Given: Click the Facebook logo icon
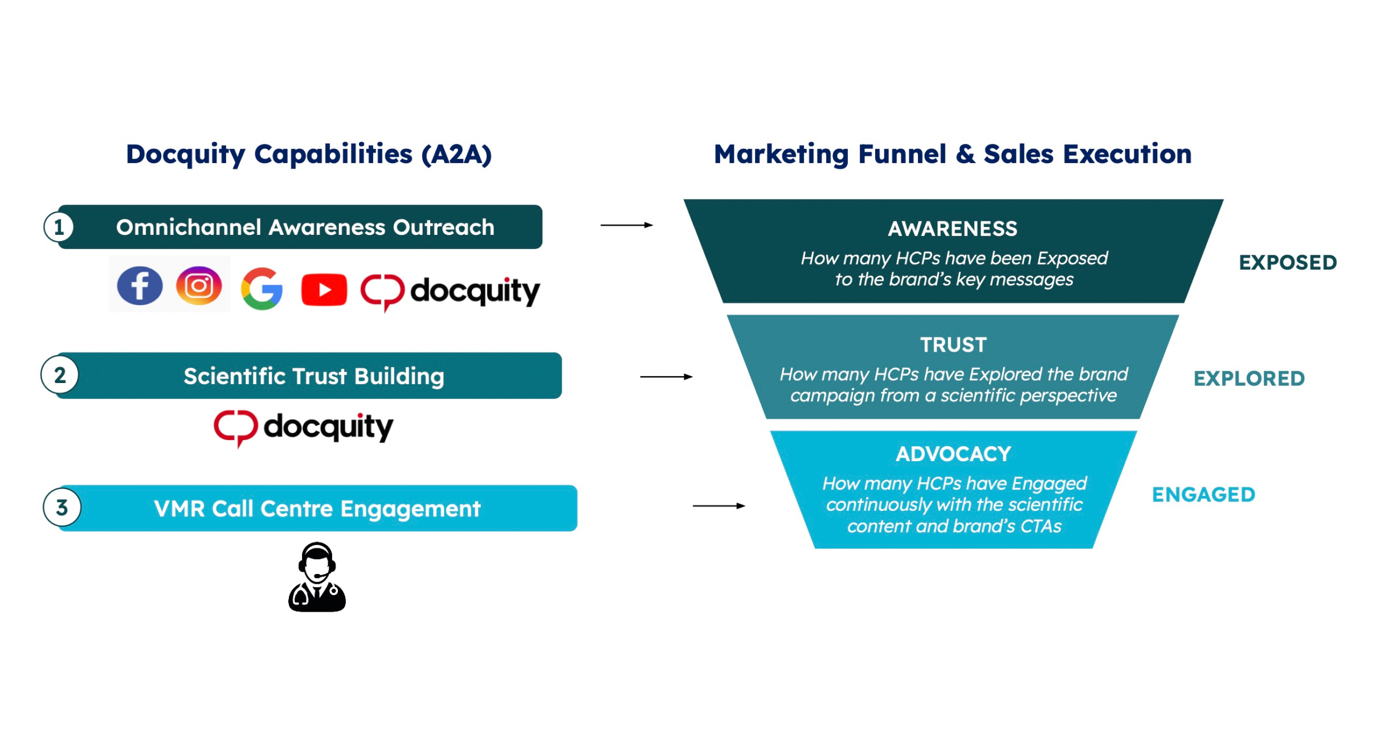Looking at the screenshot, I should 140,286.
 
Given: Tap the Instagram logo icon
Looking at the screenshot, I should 199,286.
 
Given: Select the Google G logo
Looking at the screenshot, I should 262,288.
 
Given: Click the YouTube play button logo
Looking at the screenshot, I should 324,290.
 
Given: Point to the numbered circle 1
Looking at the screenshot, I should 59,227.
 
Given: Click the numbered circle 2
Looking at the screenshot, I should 60,375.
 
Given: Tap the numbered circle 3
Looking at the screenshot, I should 62,507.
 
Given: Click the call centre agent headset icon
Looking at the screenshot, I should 317,577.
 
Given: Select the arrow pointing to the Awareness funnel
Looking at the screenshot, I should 626,225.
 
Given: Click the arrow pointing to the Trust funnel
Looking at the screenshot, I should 666,377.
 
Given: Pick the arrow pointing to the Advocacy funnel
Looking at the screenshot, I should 718,506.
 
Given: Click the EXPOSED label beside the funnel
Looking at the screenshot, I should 1288,262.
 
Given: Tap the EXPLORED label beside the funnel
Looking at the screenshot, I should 1249,378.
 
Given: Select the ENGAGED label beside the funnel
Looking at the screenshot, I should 1203,495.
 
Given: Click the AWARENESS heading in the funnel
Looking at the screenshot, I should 952,229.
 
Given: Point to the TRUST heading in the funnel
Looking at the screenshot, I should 953,345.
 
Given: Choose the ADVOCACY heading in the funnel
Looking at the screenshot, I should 953,454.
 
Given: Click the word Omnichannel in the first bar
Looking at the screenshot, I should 189,227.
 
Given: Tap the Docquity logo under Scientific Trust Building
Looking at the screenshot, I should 303,428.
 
